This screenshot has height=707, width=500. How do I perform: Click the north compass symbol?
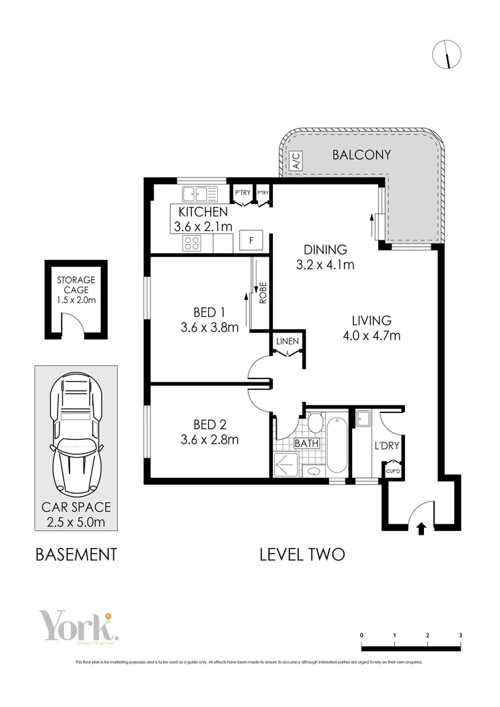(447, 54)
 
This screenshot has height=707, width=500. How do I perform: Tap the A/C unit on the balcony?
(295, 160)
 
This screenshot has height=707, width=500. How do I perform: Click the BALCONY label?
(361, 155)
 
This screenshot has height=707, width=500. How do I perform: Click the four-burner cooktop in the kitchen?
(192, 243)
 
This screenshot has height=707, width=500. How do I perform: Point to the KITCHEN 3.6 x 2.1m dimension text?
(203, 219)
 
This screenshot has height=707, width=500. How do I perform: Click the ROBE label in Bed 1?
(263, 292)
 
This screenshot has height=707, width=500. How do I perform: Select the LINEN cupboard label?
(287, 342)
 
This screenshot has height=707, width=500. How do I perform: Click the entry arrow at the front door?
(420, 528)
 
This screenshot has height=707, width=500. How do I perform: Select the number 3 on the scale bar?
(461, 636)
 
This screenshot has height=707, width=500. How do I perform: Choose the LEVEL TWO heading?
(302, 554)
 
